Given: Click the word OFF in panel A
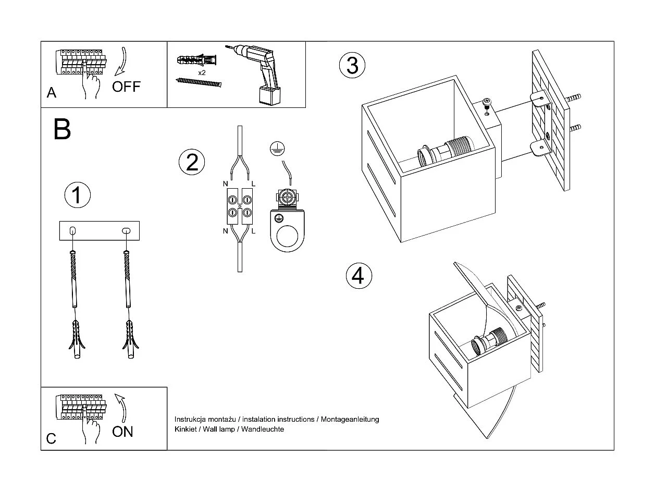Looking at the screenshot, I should [126, 86].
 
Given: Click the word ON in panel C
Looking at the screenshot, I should [122, 432].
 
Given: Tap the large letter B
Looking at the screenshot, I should [62, 129].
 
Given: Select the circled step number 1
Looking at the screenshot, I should [77, 195].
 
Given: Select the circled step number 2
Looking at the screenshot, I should [192, 162].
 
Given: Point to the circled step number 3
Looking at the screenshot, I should [352, 66].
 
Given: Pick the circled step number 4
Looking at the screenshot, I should [359, 275].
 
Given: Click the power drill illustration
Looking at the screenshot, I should [261, 73].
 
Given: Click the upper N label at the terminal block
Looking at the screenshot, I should [225, 183].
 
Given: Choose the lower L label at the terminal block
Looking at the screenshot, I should [253, 230].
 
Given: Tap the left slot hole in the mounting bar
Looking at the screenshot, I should [72, 230].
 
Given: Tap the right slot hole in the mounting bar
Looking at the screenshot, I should [126, 230].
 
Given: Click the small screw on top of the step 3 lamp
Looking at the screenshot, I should [487, 102].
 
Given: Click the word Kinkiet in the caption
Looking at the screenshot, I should [186, 429].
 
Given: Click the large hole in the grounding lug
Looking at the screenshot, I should [286, 238].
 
